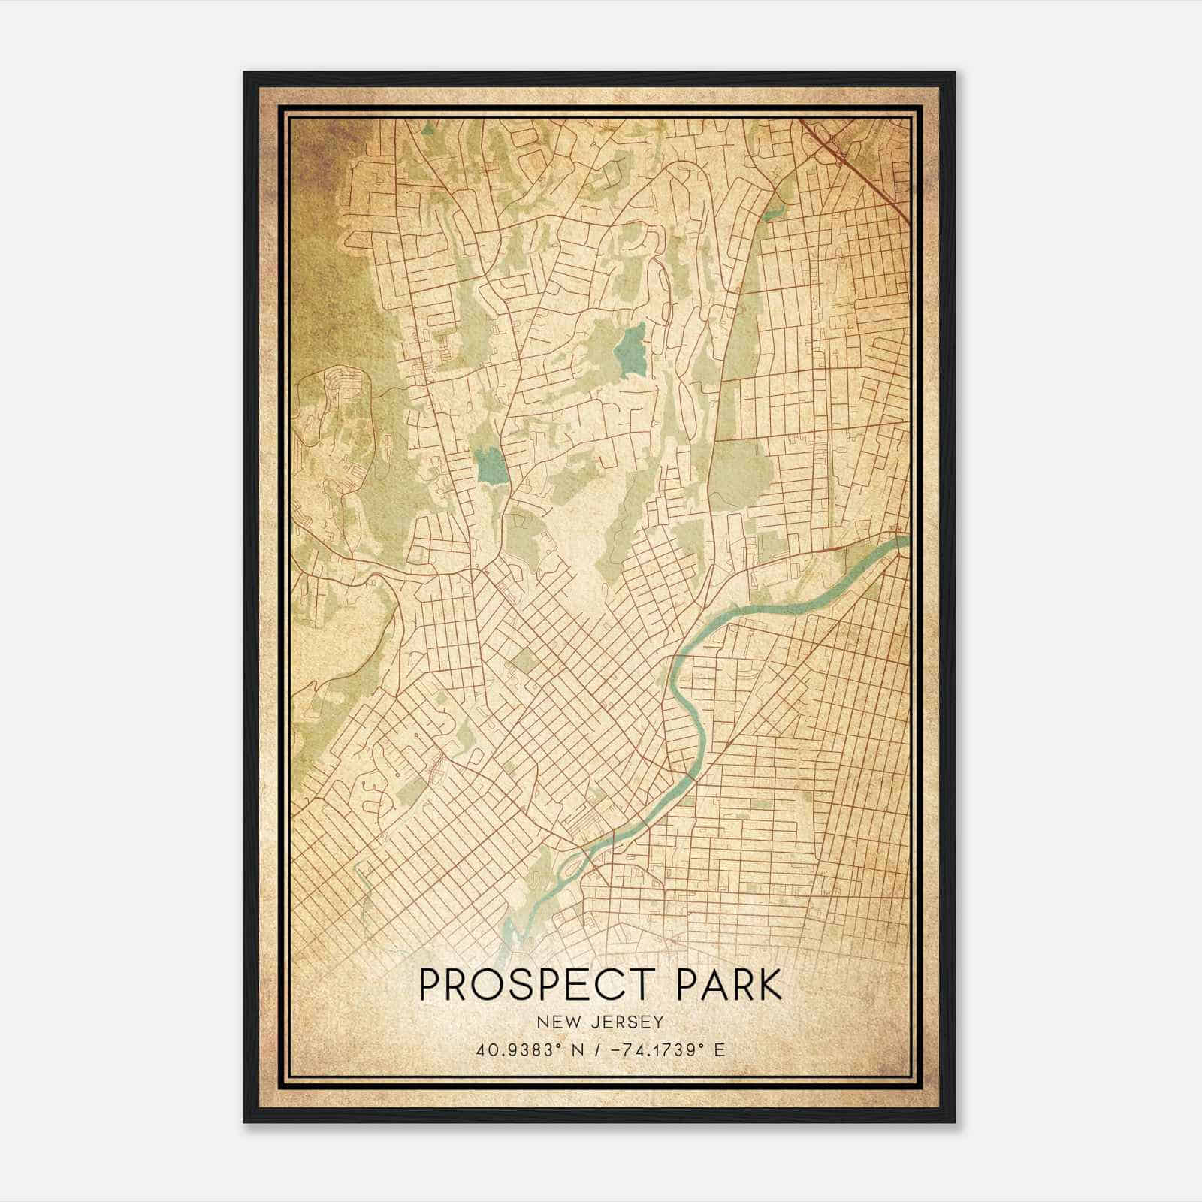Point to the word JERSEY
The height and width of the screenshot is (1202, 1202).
click(x=628, y=1022)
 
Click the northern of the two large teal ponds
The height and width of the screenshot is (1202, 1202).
click(x=630, y=350)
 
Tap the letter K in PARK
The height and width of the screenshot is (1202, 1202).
click(x=769, y=985)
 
